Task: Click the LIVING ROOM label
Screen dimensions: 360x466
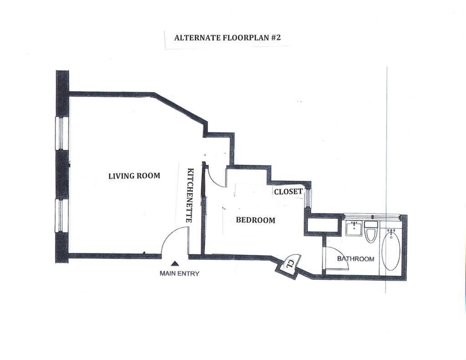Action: [x=134, y=176]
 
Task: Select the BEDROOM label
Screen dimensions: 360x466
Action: [x=255, y=220]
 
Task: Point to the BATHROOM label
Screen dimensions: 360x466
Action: [x=355, y=259]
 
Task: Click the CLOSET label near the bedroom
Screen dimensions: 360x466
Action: [x=288, y=192]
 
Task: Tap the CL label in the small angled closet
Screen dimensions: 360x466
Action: [x=289, y=264]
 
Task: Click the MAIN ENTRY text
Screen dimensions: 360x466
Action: [x=179, y=274]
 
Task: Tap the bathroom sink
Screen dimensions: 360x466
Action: [x=354, y=228]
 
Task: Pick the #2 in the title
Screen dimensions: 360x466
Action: [x=275, y=38]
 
